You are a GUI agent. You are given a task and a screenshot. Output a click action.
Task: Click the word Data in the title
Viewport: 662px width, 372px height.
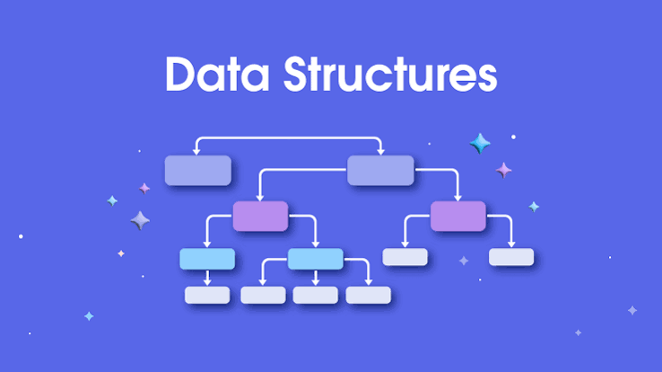pos(217,74)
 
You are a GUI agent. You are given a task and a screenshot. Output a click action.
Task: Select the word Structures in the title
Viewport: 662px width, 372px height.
pos(390,74)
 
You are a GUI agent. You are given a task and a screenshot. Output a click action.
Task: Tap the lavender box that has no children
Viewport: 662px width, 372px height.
pos(198,171)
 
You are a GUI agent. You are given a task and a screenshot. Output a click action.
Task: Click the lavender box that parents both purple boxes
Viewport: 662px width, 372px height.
pos(380,171)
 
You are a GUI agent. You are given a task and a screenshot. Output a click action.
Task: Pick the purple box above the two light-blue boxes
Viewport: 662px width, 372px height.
pos(260,216)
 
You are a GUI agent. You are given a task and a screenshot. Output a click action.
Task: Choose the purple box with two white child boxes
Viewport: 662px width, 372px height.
pos(458,216)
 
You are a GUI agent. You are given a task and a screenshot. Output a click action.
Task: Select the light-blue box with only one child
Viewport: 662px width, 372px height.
pos(207,259)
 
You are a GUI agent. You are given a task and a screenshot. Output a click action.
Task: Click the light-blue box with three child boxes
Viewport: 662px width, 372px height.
pos(316,259)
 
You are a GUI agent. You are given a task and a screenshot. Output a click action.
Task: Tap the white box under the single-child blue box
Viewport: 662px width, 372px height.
pos(207,295)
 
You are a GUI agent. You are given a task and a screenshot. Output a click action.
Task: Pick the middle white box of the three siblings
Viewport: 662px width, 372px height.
pos(316,295)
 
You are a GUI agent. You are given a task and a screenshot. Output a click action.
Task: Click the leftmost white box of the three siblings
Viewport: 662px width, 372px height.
pos(263,295)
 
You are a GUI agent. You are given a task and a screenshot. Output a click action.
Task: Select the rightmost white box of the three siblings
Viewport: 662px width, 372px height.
pos(368,295)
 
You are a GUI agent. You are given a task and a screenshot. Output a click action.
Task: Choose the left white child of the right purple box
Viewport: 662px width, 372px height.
pos(405,257)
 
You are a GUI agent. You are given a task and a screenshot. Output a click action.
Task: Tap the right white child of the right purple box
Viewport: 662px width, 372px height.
pos(511,257)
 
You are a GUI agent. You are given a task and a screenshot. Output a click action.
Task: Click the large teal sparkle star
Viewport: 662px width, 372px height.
pos(480,143)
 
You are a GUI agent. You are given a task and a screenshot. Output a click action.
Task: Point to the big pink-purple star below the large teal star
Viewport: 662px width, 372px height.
pos(504,171)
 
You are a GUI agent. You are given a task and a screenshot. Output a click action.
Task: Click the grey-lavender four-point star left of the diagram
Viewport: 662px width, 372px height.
pos(140,220)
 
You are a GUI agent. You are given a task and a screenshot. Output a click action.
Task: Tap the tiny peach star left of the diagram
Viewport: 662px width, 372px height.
pos(121,253)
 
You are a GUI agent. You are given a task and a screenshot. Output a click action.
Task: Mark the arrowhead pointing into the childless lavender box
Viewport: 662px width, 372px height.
pos(196,151)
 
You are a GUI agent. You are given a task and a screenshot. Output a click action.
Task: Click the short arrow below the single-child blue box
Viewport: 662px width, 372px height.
pos(207,279)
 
